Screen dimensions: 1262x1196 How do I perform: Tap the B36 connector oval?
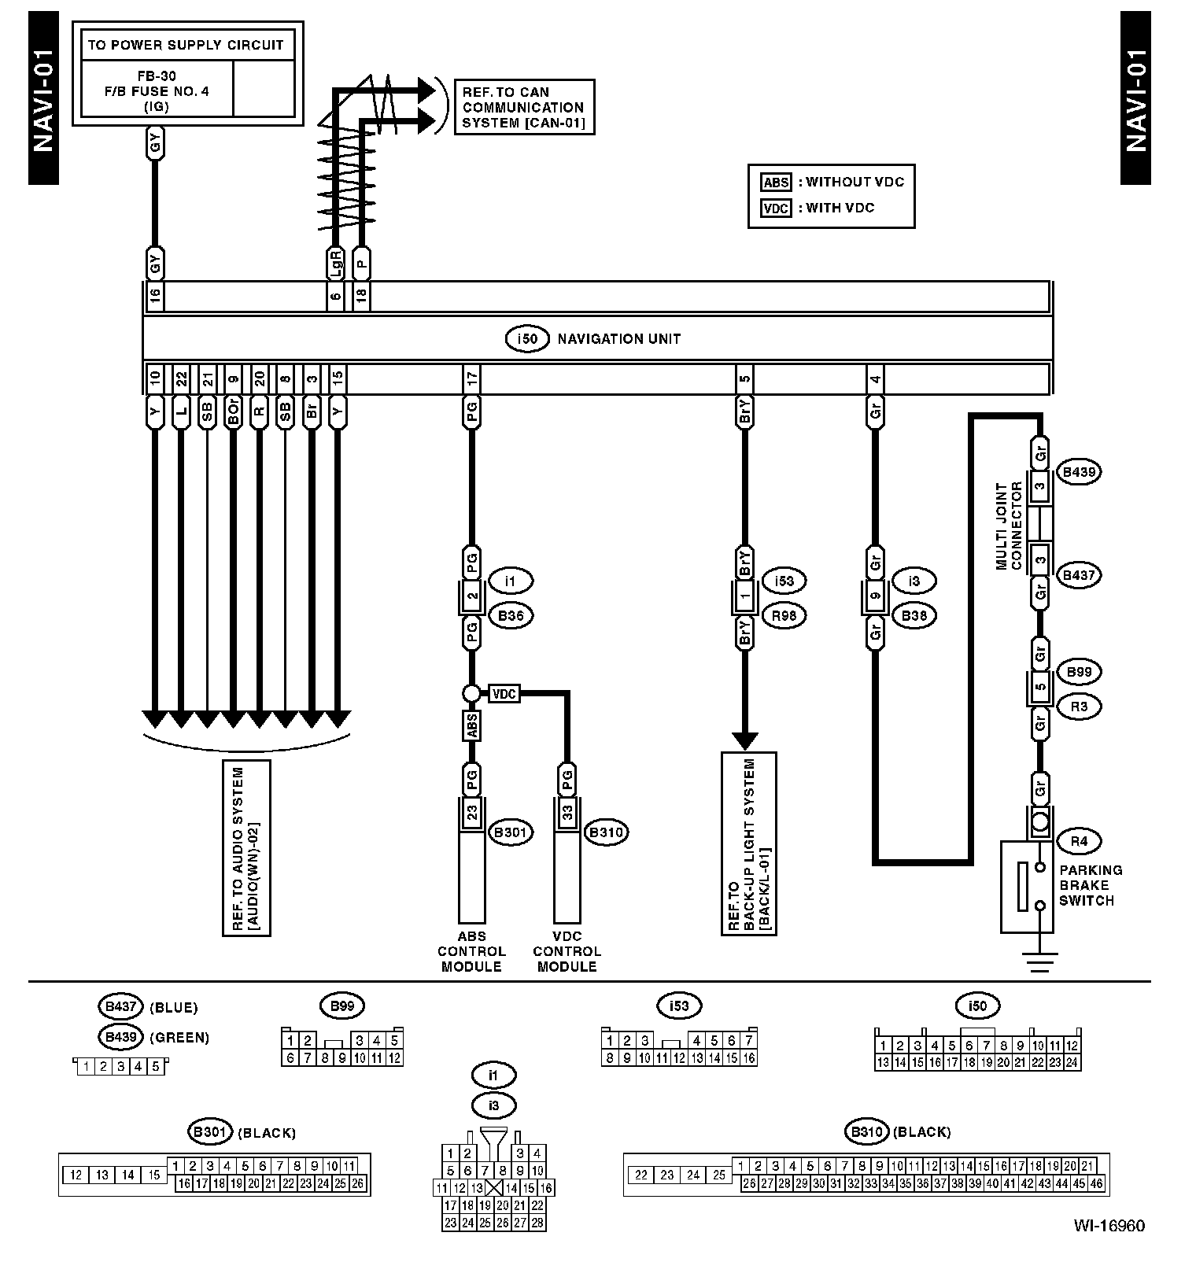[511, 615]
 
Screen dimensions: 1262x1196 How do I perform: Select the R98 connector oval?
[784, 615]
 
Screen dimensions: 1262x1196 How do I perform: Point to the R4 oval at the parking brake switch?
[1079, 841]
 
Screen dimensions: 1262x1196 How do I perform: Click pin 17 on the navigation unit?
[471, 379]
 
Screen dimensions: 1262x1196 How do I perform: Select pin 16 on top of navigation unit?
[155, 296]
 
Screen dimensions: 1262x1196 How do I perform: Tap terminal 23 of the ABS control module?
[472, 812]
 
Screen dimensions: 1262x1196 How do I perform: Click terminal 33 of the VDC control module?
[567, 812]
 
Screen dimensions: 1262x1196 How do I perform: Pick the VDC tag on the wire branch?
[504, 694]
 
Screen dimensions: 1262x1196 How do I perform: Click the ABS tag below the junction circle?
[472, 725]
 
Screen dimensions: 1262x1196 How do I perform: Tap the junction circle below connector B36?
[471, 693]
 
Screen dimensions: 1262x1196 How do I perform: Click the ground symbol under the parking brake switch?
[1040, 961]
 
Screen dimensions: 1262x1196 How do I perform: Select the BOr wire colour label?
[233, 411]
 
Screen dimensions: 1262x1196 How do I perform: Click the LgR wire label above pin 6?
[335, 264]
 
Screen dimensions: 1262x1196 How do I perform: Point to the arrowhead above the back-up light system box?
[744, 740]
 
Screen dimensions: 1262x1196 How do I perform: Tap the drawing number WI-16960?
[1109, 1225]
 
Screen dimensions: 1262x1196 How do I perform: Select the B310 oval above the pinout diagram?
[866, 1132]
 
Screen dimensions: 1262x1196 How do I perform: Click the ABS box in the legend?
[776, 183]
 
